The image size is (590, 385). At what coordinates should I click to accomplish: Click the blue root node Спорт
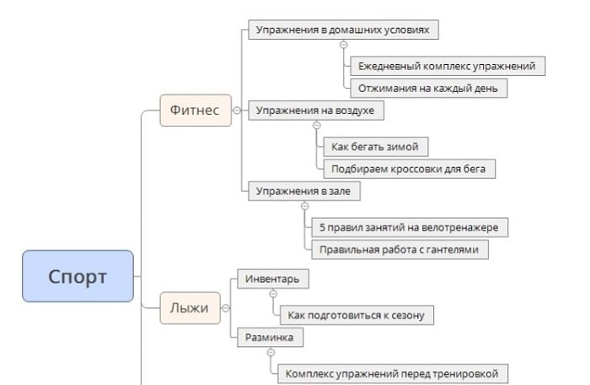click(x=78, y=276)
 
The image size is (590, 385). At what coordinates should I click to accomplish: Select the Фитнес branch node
click(x=195, y=110)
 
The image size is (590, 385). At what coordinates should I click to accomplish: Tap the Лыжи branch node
click(x=190, y=308)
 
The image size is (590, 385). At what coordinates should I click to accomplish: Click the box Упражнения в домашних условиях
click(x=343, y=30)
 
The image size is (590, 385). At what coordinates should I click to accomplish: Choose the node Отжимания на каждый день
click(x=428, y=87)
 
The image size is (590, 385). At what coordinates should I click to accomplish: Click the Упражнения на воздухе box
click(x=315, y=110)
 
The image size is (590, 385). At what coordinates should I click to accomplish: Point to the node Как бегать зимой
click(x=374, y=147)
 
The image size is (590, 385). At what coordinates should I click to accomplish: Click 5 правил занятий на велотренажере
click(x=409, y=227)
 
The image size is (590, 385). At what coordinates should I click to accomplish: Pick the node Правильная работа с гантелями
click(x=399, y=249)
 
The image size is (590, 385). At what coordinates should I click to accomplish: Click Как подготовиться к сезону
click(x=357, y=315)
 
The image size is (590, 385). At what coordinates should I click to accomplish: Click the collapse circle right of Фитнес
click(x=237, y=110)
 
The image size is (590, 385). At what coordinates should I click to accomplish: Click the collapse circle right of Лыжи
click(x=226, y=308)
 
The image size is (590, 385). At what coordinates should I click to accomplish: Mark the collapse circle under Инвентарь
click(x=272, y=294)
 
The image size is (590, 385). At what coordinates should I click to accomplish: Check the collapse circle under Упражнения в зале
click(x=305, y=206)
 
